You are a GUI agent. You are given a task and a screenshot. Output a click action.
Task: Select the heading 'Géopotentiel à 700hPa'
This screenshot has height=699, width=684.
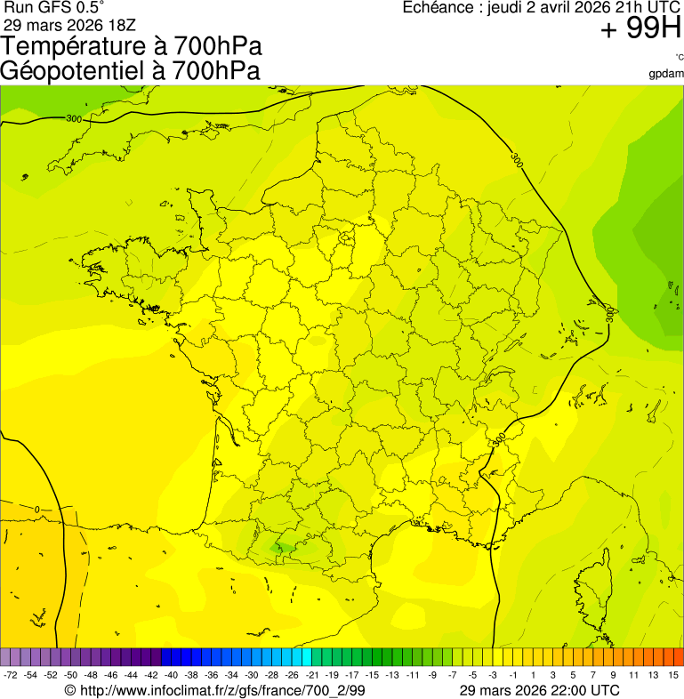click(130, 71)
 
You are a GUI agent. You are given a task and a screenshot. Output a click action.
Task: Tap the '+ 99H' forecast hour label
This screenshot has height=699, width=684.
click(640, 30)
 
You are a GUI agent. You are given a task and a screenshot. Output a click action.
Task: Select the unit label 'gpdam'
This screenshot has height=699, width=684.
click(666, 74)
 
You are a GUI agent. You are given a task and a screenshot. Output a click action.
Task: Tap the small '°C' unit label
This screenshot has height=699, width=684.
click(679, 58)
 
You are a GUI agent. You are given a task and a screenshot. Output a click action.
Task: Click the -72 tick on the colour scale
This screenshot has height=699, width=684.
click(11, 676)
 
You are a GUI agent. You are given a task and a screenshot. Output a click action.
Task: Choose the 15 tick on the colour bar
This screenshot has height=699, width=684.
click(674, 676)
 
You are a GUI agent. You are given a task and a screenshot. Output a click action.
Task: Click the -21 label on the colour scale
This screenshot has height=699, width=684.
click(313, 676)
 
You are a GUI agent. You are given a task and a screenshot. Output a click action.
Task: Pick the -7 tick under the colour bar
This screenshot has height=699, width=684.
click(453, 676)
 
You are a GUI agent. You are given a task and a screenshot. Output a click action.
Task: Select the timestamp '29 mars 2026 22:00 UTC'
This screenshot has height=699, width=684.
click(540, 690)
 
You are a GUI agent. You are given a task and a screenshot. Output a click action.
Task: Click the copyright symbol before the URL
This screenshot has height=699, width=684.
click(71, 690)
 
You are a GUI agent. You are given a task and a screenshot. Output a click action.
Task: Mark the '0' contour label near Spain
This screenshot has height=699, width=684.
click(37, 509)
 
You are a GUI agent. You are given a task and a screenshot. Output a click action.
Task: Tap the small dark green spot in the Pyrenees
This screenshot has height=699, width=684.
click(283, 548)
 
